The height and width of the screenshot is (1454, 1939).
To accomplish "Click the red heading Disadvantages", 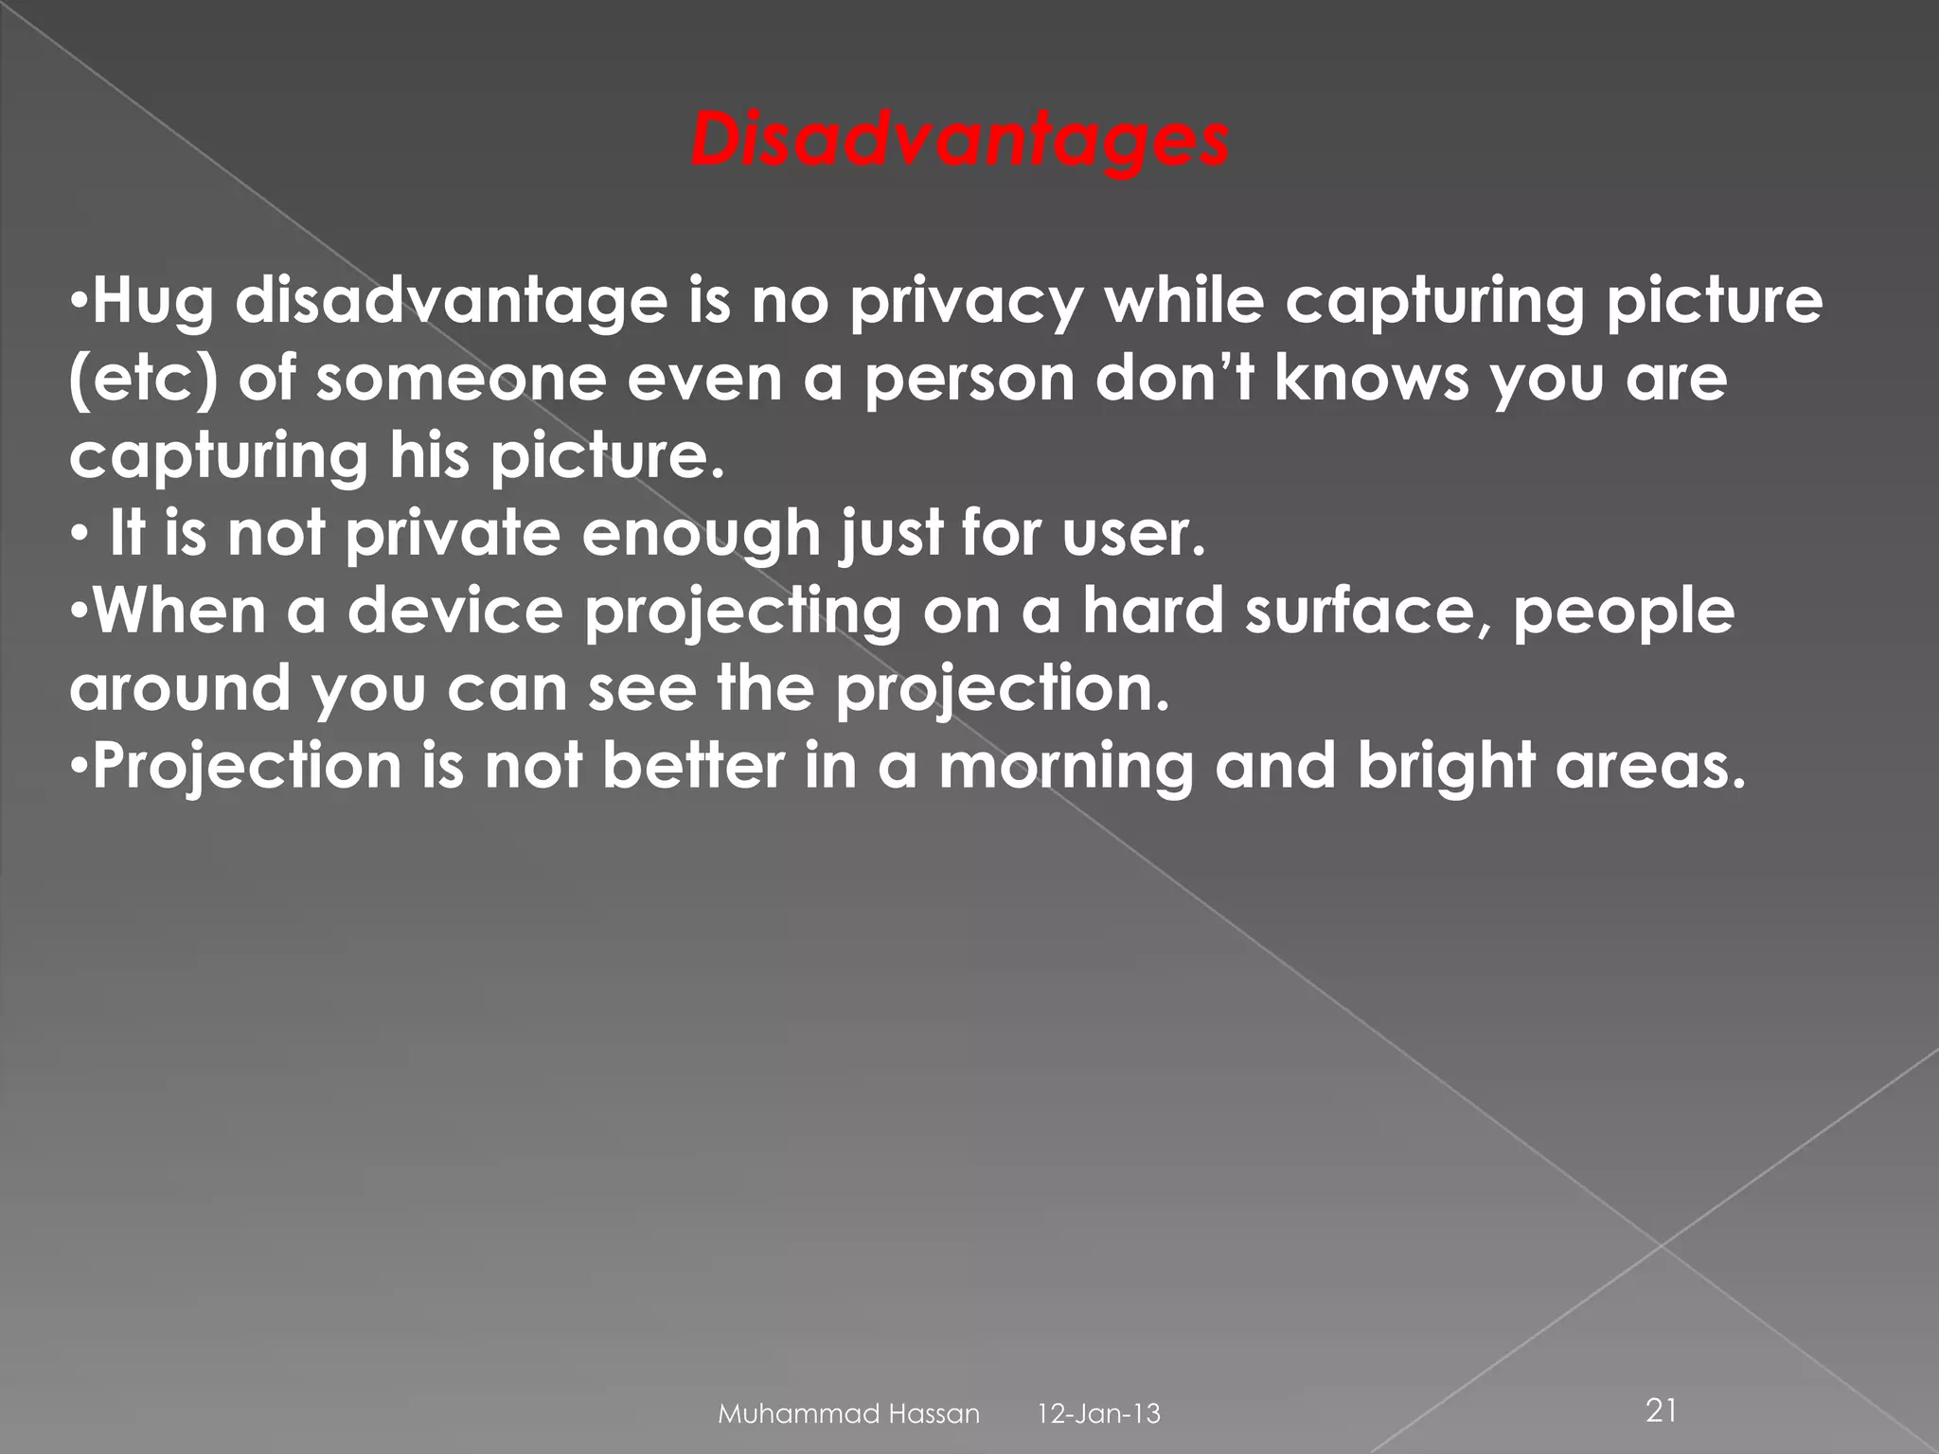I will click(960, 143).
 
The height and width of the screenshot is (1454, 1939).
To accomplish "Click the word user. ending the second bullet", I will click(1132, 535).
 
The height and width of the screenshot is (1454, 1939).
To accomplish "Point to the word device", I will click(454, 612).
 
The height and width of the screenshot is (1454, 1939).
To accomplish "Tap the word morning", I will click(1066, 766).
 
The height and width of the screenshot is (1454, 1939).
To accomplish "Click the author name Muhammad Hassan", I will click(849, 1414).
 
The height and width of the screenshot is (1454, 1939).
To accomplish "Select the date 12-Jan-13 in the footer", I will click(1099, 1414).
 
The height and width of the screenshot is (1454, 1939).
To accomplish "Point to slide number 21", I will click(1663, 1411).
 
